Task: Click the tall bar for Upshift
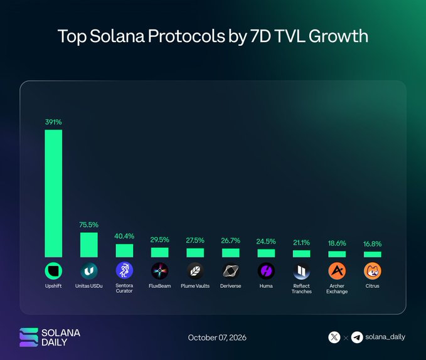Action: coord(53,193)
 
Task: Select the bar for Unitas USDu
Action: coord(89,245)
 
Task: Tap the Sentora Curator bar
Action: coord(124,251)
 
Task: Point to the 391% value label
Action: coord(53,122)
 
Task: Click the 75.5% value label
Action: coord(89,225)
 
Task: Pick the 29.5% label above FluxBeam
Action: coord(160,240)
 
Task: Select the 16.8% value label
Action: coord(372,244)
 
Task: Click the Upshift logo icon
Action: coord(53,271)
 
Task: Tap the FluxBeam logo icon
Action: coord(160,271)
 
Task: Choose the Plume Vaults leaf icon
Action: coord(195,271)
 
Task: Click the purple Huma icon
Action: coord(266,271)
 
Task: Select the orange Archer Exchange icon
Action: coord(337,271)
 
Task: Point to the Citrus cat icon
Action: coord(372,271)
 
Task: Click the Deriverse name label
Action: coord(231,286)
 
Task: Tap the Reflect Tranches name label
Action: coord(302,289)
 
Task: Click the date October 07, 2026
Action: coord(217,337)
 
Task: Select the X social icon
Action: coord(334,337)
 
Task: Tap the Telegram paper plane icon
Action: coord(357,337)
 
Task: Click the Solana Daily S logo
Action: coord(28,337)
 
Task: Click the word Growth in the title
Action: coord(338,36)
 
